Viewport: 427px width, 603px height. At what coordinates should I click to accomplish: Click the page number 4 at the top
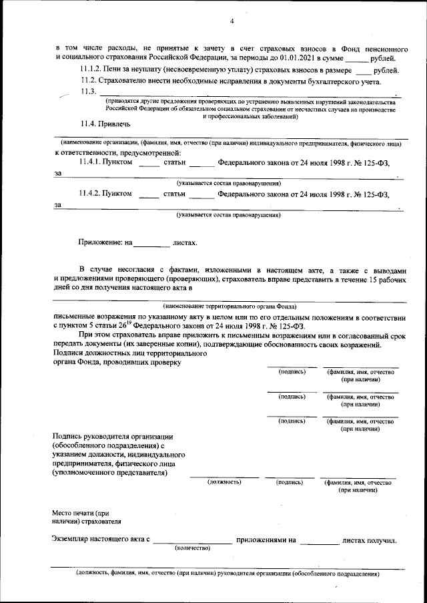(x=232, y=22)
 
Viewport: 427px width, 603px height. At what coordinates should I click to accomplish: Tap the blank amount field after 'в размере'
(x=363, y=71)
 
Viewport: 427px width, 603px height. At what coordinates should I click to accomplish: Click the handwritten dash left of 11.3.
(x=64, y=95)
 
